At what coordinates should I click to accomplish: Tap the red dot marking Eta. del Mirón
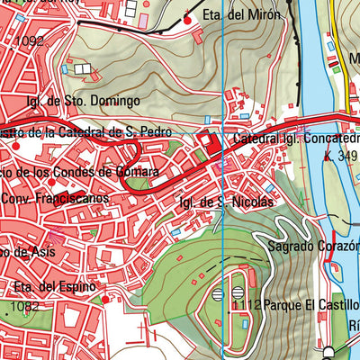(187, 20)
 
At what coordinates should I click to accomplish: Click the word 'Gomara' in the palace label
(133, 171)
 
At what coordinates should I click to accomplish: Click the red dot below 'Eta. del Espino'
(105, 299)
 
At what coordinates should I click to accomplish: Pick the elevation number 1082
(22, 308)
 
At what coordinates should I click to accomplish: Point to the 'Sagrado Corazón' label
(312, 244)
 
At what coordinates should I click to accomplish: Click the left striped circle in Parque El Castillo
(218, 293)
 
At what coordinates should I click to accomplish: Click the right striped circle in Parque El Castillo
(238, 292)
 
